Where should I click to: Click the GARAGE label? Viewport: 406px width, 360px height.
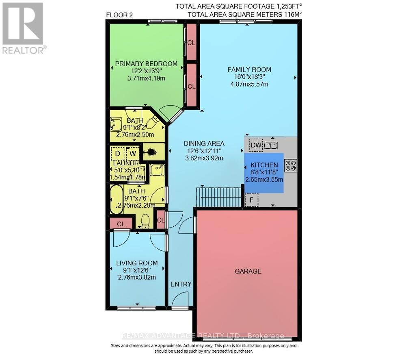pos(248,271)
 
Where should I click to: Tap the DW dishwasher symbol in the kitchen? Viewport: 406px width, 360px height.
pos(256,145)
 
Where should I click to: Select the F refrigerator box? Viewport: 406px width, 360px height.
pos(251,200)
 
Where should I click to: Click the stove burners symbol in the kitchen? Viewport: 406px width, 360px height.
pos(291,165)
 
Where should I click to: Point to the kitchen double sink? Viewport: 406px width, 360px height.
pos(271,145)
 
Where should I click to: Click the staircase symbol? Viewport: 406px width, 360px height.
pos(219,197)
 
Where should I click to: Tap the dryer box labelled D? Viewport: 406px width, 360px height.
pos(117,154)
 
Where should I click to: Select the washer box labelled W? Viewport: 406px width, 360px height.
pos(132,154)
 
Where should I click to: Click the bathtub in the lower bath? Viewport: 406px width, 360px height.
pos(117,200)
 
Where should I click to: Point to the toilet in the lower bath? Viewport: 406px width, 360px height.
pos(145,221)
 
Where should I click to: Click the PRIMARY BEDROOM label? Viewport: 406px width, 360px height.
pos(146,64)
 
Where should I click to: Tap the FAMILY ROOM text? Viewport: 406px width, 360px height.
pos(249,69)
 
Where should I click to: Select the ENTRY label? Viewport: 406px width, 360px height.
pos(181,284)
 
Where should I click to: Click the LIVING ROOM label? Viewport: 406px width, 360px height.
pos(137,263)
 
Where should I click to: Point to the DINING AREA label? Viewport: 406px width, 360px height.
pos(204,143)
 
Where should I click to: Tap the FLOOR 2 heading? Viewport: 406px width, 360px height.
pos(119,15)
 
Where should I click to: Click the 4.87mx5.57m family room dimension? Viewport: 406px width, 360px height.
pos(249,84)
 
